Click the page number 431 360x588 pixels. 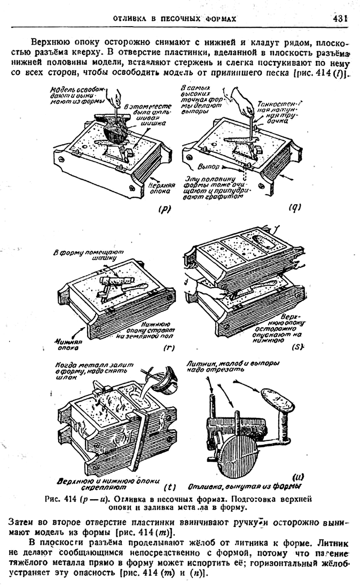click(x=339, y=18)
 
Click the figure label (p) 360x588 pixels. click(x=164, y=210)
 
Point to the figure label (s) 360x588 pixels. click(x=298, y=347)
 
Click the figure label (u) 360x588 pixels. click(x=298, y=476)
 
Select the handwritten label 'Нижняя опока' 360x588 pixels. click(x=67, y=343)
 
